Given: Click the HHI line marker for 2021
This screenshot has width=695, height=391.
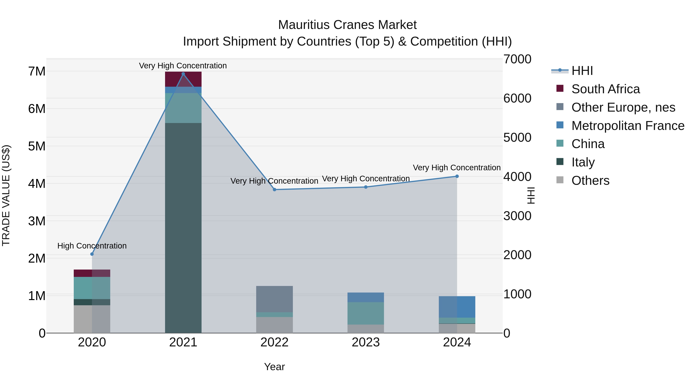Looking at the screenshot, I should click(x=183, y=74).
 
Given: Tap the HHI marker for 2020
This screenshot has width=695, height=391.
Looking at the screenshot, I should click(x=92, y=254).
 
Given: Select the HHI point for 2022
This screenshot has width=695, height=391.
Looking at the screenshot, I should click(x=274, y=190).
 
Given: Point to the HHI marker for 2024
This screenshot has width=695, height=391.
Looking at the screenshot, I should click(x=457, y=176).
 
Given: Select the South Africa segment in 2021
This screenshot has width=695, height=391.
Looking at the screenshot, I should click(x=183, y=79).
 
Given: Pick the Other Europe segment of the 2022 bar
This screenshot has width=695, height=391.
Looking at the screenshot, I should click(x=274, y=299).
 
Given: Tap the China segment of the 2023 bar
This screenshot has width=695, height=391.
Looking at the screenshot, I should click(x=366, y=313).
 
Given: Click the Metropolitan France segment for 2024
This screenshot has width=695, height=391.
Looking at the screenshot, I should click(x=457, y=307).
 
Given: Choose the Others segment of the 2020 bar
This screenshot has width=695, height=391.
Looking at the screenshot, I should click(x=92, y=319).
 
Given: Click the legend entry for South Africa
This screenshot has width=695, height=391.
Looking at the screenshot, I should click(x=605, y=89).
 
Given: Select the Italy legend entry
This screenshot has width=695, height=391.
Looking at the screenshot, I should click(x=583, y=162).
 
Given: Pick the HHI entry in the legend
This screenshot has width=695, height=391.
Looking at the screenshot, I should click(x=582, y=71).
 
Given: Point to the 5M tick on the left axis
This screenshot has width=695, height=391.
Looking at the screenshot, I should click(x=37, y=146).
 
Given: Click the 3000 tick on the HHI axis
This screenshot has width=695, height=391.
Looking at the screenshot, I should click(x=517, y=216).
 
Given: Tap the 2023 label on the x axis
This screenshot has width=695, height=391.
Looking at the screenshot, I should click(x=366, y=342).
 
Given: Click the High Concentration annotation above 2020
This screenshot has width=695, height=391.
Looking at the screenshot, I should click(x=92, y=246).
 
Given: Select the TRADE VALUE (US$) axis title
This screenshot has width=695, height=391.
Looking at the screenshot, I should click(x=6, y=195).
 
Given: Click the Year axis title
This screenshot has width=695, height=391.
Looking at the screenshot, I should click(x=274, y=367).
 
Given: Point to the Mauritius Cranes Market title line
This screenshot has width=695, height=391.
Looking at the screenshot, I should click(x=347, y=25).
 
